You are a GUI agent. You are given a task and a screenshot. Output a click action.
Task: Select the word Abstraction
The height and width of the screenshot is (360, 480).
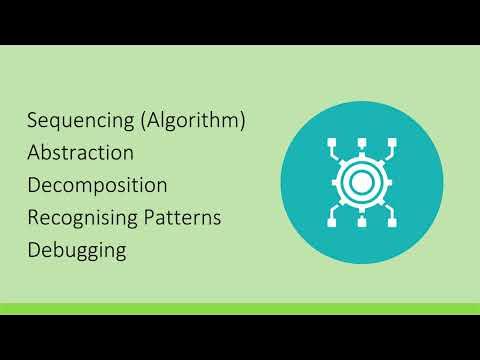[x=80, y=154]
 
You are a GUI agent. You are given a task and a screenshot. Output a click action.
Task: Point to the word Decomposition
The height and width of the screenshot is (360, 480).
[x=97, y=186]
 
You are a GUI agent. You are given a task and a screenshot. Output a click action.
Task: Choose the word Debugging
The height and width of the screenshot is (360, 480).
[x=77, y=250]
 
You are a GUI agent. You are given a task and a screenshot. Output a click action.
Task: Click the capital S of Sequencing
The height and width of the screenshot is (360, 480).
[x=33, y=122]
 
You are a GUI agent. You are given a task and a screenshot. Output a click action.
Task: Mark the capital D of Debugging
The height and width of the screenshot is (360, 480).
[x=34, y=249]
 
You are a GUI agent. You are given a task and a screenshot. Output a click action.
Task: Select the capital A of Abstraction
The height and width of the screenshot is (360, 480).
[x=34, y=154]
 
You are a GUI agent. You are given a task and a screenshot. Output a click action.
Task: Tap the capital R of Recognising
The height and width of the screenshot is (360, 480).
[x=34, y=217]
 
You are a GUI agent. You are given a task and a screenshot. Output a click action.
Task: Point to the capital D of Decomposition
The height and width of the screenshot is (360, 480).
[x=34, y=185]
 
